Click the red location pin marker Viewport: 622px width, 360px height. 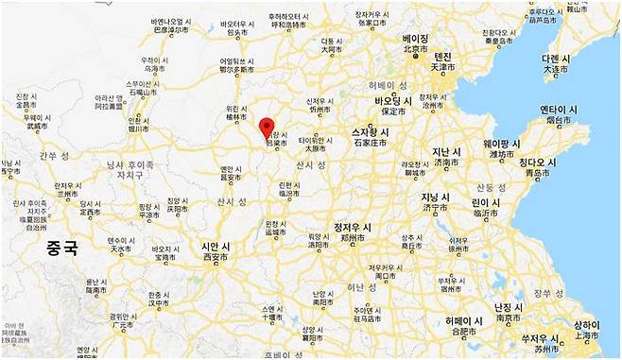(267, 128)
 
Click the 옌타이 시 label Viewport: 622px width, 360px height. (558, 110)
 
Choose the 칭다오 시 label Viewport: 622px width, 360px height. (537, 163)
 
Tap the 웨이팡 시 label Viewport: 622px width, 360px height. (502, 143)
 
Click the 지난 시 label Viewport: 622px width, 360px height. (445, 151)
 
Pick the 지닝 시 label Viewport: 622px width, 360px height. (435, 197)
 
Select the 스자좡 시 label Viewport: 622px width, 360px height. (371, 132)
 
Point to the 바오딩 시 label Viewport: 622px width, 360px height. (392, 100)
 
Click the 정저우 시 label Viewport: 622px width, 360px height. (356, 228)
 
